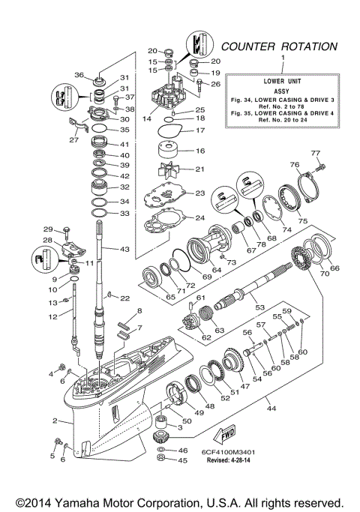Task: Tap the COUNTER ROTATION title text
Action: point(278,46)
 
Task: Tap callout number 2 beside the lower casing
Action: point(55,421)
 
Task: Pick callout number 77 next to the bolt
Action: point(316,152)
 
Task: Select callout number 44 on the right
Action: point(271,409)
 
